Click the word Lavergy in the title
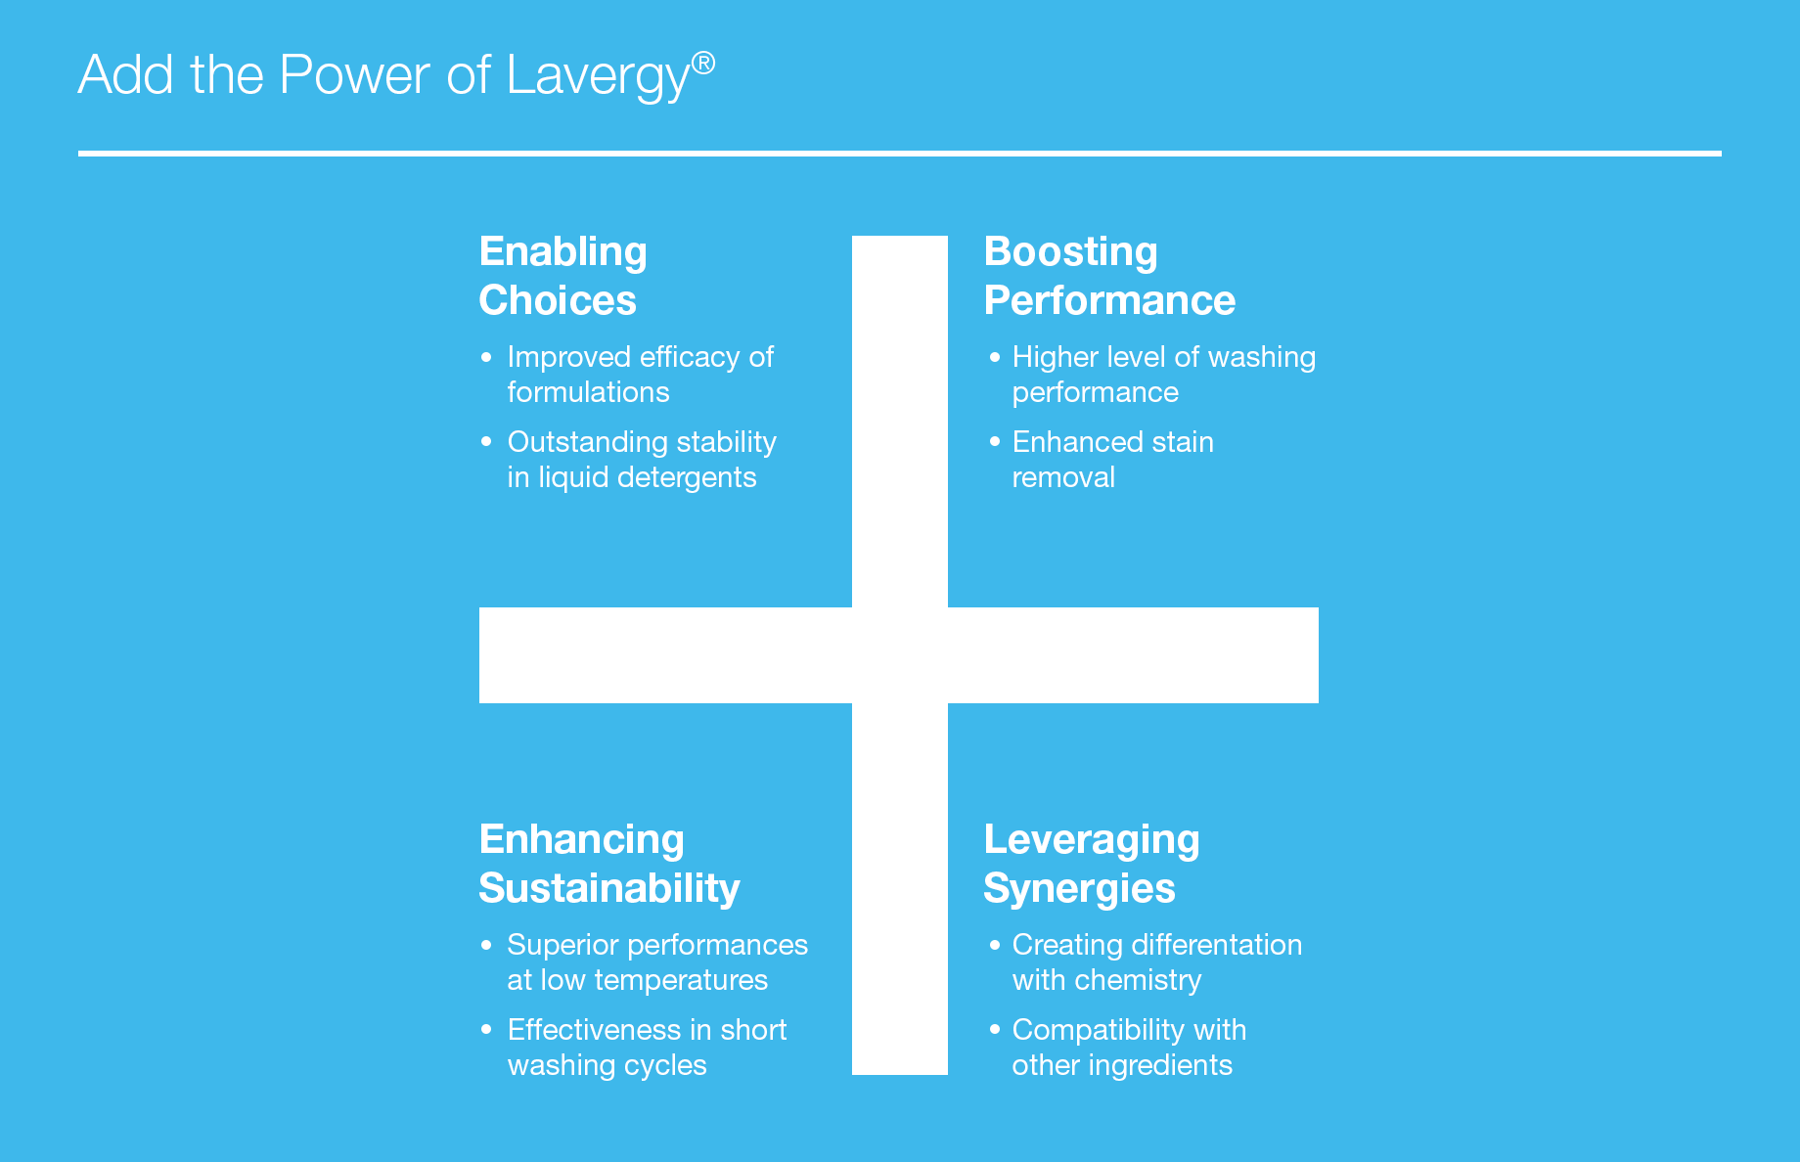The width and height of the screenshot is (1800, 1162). [x=599, y=76]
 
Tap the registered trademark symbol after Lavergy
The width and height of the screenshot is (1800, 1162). [x=703, y=64]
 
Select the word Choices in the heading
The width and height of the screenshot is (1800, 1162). [x=558, y=300]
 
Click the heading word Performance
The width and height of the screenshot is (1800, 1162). [x=1110, y=300]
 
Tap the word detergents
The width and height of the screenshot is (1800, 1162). [x=696, y=478]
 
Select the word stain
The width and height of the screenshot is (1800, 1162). [x=1183, y=442]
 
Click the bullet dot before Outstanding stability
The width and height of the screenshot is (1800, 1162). [x=486, y=442]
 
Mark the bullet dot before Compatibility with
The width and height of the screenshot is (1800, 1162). [x=995, y=1029]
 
